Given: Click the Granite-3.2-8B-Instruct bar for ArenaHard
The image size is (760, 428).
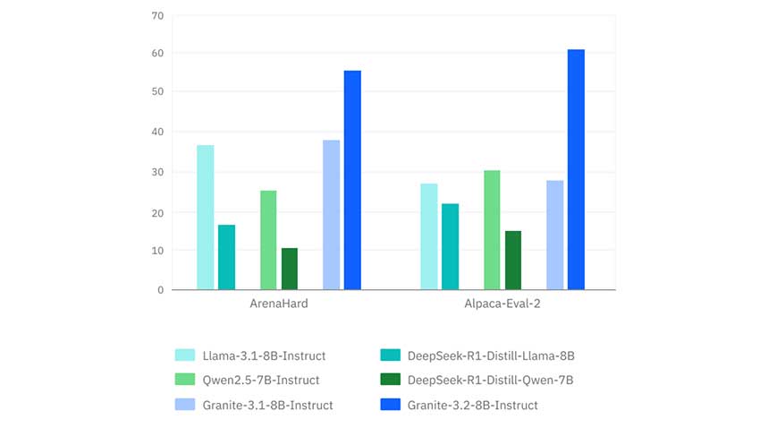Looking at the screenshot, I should [352, 180].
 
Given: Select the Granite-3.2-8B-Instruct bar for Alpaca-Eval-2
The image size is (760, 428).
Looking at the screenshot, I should [576, 169].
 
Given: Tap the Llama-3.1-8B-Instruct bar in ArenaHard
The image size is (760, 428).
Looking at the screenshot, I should [206, 218].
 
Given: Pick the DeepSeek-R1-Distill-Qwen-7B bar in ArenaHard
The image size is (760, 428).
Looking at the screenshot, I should [290, 269].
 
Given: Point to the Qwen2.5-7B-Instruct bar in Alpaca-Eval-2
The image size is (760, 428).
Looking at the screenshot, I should [492, 230].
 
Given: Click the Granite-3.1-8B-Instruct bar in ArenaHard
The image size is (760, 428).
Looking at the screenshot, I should [332, 215].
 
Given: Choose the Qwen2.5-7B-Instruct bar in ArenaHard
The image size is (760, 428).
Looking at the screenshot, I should [268, 240].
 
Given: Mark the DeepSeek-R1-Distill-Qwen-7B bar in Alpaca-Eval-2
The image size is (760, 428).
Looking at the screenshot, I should [513, 261].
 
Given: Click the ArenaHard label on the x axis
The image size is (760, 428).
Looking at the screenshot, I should [279, 304].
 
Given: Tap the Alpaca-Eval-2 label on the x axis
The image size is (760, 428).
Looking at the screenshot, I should [502, 304].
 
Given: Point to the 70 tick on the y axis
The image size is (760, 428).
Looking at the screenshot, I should [157, 15].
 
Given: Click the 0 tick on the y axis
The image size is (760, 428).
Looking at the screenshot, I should [160, 290].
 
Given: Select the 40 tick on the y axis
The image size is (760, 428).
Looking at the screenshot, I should [157, 133].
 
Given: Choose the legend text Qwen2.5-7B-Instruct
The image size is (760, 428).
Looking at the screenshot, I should [261, 381].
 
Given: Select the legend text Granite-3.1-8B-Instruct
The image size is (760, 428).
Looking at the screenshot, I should [268, 405].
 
